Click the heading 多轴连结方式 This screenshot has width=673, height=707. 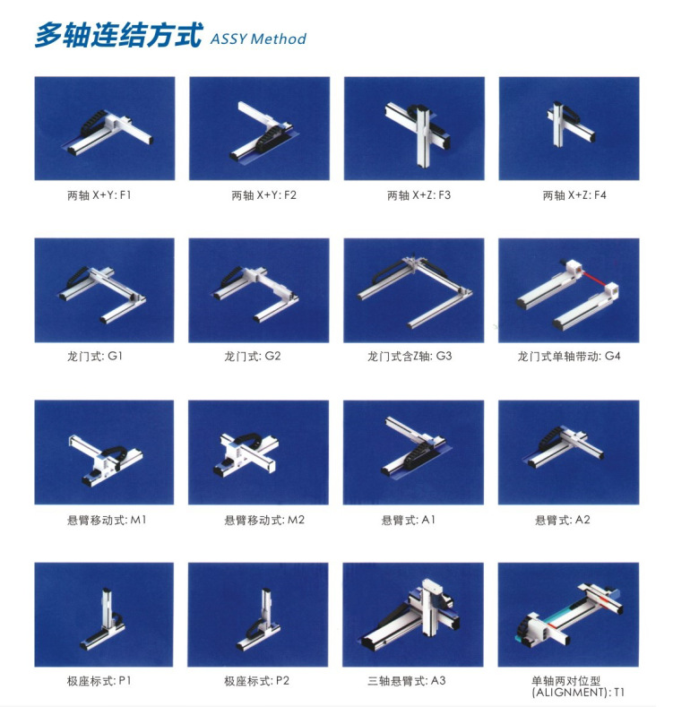click(x=118, y=36)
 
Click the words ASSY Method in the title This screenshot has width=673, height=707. click(x=258, y=39)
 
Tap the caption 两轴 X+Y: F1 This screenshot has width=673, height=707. click(x=99, y=194)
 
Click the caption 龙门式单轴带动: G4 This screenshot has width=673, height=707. click(x=569, y=356)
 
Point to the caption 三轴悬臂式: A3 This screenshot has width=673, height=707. click(x=413, y=681)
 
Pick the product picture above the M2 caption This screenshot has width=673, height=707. click(x=259, y=452)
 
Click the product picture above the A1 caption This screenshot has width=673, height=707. click(x=413, y=452)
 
